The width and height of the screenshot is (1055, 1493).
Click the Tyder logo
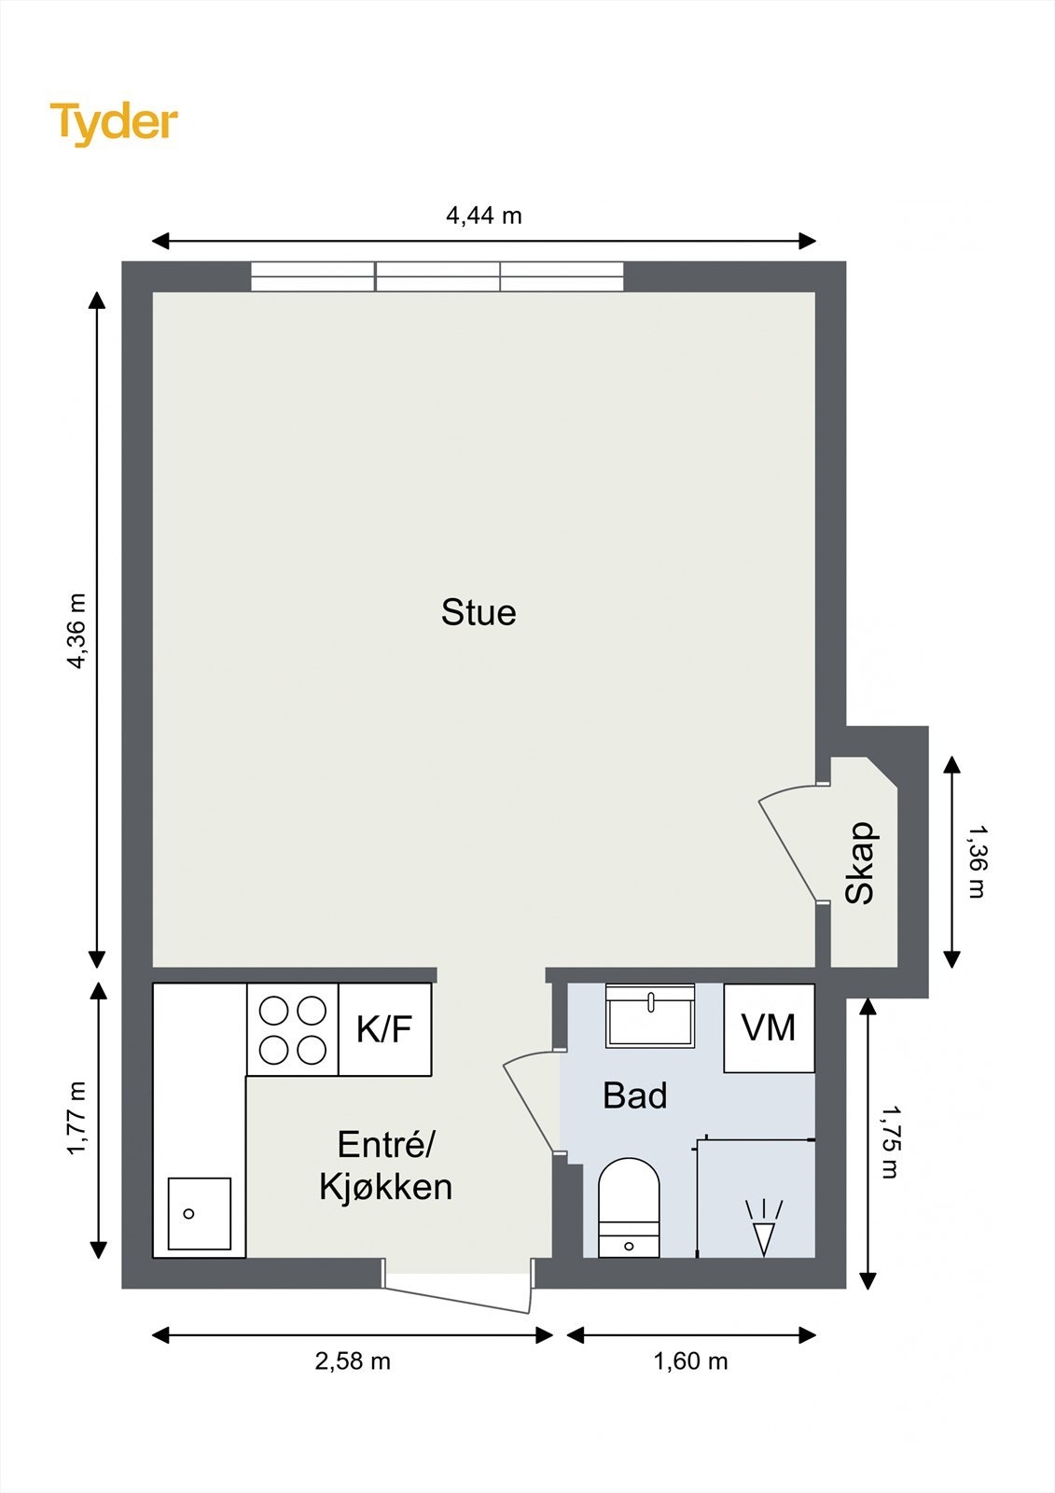[113, 122]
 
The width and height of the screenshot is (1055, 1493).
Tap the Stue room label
[479, 612]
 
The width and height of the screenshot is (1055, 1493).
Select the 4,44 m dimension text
[483, 216]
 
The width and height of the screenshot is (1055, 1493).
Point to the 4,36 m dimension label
[76, 631]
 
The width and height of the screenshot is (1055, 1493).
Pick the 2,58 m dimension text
[353, 1361]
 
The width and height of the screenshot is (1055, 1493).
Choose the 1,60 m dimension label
[690, 1361]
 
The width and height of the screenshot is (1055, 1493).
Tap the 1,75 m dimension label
[890, 1141]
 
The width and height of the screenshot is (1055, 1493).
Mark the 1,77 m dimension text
[76, 1118]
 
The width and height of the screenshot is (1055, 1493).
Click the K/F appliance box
[384, 1029]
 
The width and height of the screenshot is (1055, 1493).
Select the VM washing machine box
[769, 1027]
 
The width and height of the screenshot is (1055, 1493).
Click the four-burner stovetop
[292, 1030]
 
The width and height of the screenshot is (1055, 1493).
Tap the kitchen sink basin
[199, 1213]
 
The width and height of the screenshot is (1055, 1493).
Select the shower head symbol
[764, 1227]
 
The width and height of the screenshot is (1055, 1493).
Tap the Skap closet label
[860, 863]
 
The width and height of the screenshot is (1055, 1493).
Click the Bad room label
[634, 1095]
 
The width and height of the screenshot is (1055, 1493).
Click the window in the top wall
[437, 276]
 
